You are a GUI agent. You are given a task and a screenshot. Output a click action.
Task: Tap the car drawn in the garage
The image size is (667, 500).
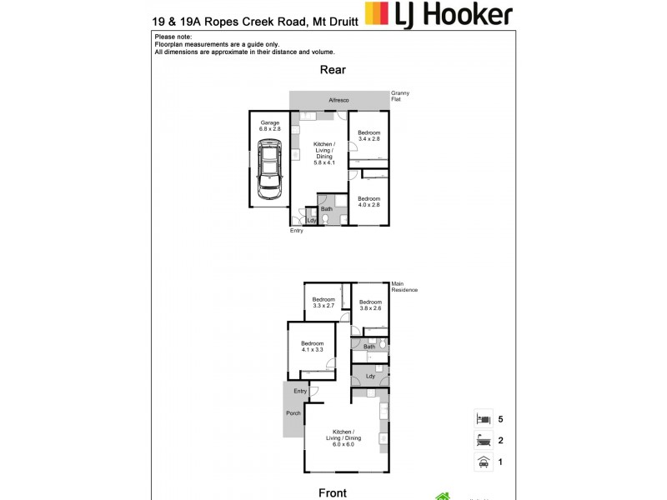click(269, 170)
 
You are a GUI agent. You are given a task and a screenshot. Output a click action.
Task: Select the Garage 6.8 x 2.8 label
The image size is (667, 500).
click(269, 126)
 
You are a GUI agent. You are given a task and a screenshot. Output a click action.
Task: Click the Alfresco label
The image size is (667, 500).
click(339, 100)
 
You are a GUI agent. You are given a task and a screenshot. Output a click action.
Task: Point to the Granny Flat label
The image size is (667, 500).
click(401, 96)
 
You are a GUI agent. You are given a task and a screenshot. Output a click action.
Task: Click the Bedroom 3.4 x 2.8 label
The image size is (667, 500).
click(369, 136)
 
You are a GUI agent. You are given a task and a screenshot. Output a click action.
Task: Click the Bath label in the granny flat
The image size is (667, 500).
click(327, 209)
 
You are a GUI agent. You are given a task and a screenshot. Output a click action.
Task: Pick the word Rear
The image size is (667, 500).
click(333, 71)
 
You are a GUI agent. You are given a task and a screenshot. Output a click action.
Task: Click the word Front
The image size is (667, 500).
click(333, 492)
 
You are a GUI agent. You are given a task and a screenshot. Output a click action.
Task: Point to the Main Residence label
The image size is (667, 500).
click(404, 287)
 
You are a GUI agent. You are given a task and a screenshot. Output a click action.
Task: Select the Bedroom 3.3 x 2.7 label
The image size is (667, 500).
click(323, 302)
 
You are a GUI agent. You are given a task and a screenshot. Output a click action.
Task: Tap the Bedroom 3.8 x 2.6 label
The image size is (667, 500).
click(370, 306)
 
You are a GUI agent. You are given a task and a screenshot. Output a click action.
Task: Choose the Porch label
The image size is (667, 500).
click(293, 414)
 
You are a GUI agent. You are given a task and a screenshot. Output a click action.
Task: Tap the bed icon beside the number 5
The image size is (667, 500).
click(482, 419)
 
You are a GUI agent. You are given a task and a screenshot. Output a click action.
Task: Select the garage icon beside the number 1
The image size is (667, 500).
click(482, 462)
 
